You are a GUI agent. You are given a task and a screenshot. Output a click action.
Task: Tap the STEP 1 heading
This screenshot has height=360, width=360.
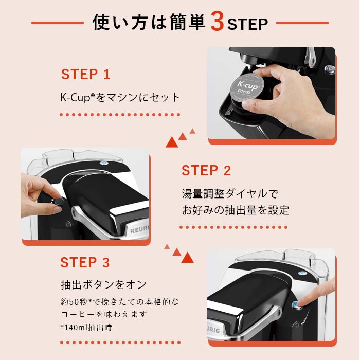pyautogui.click(x=86, y=75)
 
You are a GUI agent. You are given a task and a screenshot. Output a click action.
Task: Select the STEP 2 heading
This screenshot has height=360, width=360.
pyautogui.click(x=206, y=171)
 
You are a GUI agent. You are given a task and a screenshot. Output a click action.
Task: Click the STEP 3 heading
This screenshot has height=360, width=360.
pyautogui.click(x=85, y=263)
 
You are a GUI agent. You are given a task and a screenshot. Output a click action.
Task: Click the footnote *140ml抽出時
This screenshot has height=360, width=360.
pyautogui.click(x=86, y=327)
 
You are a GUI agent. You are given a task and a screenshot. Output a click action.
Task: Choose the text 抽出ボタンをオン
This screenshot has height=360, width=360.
pyautogui.click(x=103, y=284)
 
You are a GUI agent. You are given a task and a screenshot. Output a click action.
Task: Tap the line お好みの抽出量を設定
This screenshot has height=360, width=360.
pyautogui.click(x=235, y=210)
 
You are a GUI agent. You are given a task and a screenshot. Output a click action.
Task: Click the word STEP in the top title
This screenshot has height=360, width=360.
pyautogui.click(x=247, y=24)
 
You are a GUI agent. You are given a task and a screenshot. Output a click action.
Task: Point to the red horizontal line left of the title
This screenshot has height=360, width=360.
pyautogui.click(x=57, y=23)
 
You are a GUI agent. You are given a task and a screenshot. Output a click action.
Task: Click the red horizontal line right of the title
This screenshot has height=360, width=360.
pyautogui.click(x=302, y=23)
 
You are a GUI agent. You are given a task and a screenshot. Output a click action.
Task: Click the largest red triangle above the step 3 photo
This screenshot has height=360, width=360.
pyautogui.click(x=188, y=257)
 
